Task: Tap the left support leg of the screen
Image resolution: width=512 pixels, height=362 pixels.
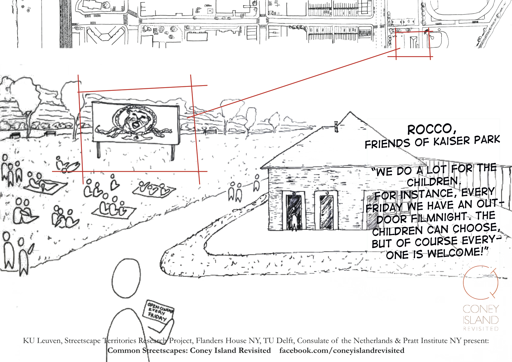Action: pyautogui.click(x=98, y=150)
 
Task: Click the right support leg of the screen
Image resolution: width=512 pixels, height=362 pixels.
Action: pyautogui.click(x=173, y=153)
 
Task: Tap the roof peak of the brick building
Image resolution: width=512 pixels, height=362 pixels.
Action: pyautogui.click(x=350, y=112)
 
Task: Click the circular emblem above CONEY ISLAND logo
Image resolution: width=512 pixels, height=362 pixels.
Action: pyautogui.click(x=481, y=283)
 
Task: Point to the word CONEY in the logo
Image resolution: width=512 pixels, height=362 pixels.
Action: pyautogui.click(x=481, y=309)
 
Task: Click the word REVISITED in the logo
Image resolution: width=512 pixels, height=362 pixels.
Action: pyautogui.click(x=481, y=329)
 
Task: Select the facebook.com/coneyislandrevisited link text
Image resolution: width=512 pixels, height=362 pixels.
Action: pyautogui.click(x=342, y=351)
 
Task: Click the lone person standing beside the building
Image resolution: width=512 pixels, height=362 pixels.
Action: pyautogui.click(x=257, y=182)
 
